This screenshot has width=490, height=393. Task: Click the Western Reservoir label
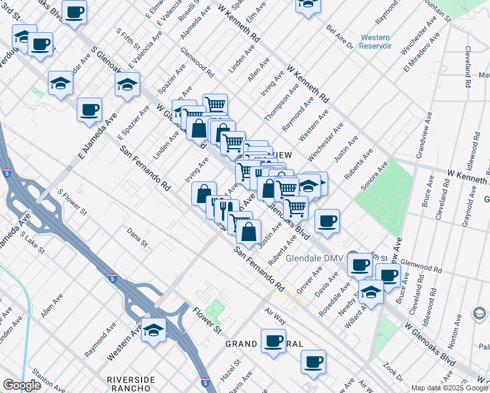click(x=375, y=41)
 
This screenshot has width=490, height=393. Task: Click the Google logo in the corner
click(x=22, y=385)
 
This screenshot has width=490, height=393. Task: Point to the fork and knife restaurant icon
click(x=223, y=209)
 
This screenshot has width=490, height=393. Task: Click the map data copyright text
click(x=449, y=388)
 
